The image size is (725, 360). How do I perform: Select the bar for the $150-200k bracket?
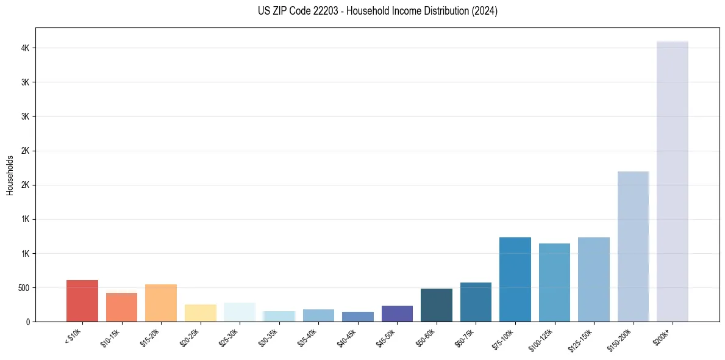633,247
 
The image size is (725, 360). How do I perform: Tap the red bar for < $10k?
82,301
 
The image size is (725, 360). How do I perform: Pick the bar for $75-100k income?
515,279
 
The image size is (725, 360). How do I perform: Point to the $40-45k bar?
358,317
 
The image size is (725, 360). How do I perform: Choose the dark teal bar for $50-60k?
437,305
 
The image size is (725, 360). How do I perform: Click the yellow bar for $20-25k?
201,313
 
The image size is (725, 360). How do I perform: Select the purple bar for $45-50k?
397,314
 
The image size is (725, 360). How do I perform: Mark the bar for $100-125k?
554,283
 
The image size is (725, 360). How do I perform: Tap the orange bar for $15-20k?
161,303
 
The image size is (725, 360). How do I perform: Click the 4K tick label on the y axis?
24,48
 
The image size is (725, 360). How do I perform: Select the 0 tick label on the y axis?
27,322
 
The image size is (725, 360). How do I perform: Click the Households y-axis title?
10,175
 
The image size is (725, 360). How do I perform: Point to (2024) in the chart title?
485,11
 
